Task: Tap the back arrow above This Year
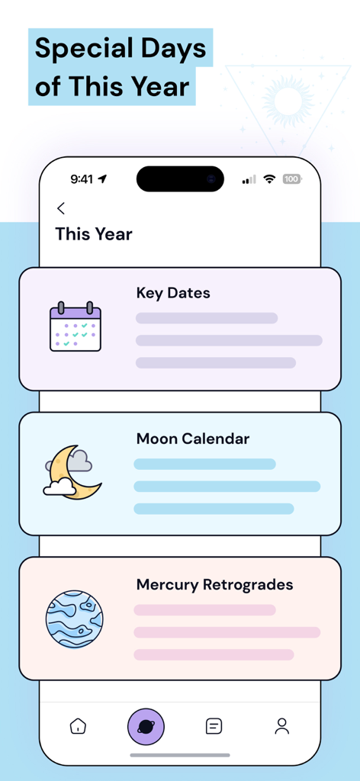click(x=61, y=208)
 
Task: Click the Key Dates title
click(x=173, y=293)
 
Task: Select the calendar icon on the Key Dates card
click(x=76, y=327)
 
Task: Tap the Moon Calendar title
click(x=193, y=439)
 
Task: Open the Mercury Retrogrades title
click(x=214, y=585)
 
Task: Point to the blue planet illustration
click(x=74, y=619)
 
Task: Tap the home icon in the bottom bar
click(x=78, y=726)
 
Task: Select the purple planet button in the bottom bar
click(x=146, y=726)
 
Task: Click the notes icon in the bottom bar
click(x=214, y=726)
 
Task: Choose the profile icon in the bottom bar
click(x=282, y=726)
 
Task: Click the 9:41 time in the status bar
click(x=82, y=179)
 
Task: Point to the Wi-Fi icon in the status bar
click(x=269, y=179)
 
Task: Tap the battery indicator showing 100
click(x=292, y=179)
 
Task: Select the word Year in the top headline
click(x=158, y=87)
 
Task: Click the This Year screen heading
click(x=94, y=234)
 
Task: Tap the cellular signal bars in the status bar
click(x=249, y=180)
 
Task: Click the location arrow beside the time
click(x=103, y=179)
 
